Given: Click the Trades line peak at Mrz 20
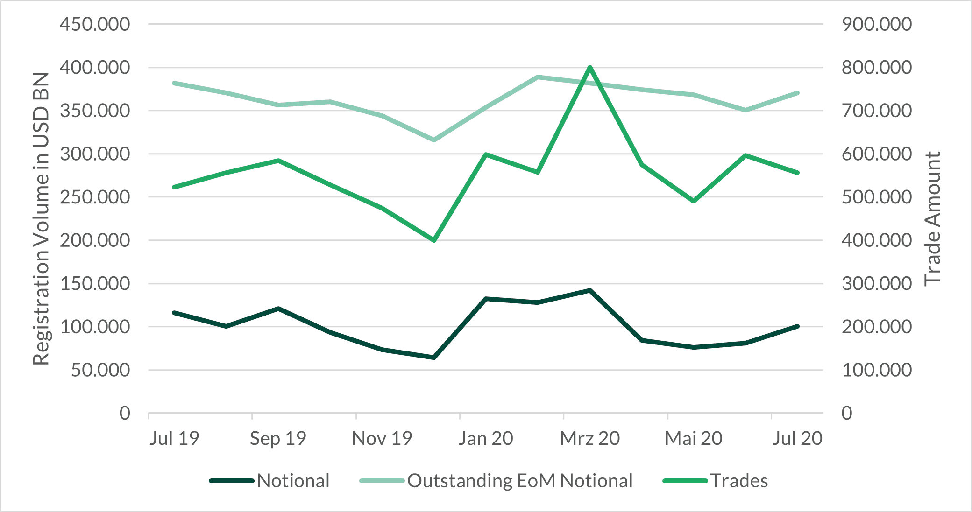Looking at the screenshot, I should (x=590, y=67).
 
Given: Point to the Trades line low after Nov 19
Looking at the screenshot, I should (x=434, y=240).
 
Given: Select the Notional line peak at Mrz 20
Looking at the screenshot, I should (x=590, y=290).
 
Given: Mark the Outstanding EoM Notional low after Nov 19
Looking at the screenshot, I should (x=434, y=140).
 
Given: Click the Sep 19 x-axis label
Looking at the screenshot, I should (x=278, y=438).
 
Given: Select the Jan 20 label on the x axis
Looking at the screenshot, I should (x=486, y=438).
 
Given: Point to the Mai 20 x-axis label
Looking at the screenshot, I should (x=694, y=438).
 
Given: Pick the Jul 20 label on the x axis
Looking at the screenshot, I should (x=797, y=438).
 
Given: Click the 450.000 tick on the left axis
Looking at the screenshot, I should (x=95, y=24).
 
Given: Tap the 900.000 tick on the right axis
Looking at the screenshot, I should (x=877, y=24).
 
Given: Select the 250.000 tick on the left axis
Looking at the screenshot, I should (x=95, y=197).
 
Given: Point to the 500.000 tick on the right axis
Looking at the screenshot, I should (x=877, y=197).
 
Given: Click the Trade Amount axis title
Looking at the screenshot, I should (x=932, y=218).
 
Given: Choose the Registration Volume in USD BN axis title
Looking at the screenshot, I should (x=41, y=218).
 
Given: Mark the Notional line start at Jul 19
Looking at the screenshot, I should (x=174, y=313).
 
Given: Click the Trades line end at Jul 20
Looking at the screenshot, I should (x=797, y=173).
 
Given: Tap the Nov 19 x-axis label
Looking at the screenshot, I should (x=382, y=438).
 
